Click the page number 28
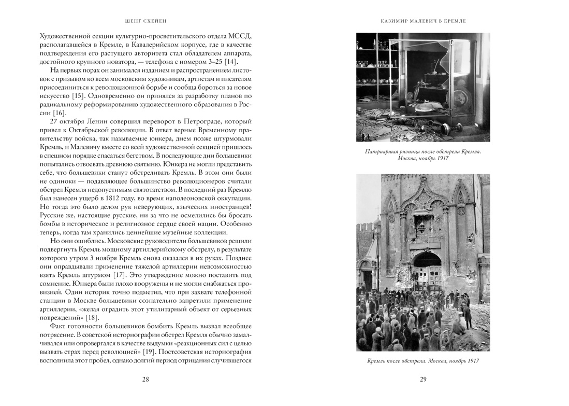coord(145,380)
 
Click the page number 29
coord(423,380)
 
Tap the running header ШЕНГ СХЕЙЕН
coord(145,21)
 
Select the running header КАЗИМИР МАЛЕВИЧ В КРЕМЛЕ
coord(423,21)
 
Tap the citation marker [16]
coord(60,113)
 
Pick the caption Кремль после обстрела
coord(423,361)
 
